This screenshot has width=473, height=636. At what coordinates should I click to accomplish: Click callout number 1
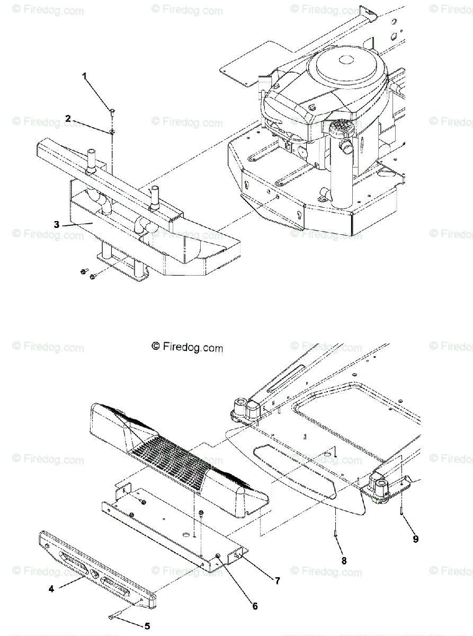pos(84,76)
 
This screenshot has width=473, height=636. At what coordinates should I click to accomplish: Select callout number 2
pos(68,118)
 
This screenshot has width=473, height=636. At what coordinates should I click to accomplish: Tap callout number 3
pos(57,224)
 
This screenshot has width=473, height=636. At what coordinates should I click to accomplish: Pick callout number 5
pos(147,626)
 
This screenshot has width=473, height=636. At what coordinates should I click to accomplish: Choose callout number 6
pos(255,606)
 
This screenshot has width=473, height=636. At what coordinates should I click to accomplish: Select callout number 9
pos(416,539)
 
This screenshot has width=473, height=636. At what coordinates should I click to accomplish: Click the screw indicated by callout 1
pos(113,111)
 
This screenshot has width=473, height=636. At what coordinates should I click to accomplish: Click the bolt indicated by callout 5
pos(114,615)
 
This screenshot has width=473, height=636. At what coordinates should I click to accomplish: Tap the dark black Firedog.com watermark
pos(187,347)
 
